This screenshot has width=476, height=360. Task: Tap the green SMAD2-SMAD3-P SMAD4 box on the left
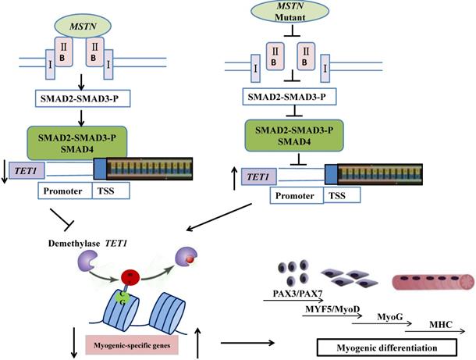[x=85, y=141]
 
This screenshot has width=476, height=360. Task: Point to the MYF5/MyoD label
[x=326, y=312]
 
